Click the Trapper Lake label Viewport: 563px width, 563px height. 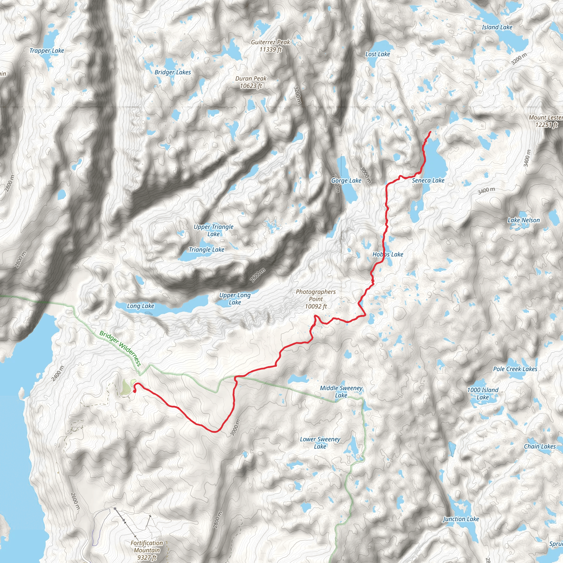[x=47, y=51]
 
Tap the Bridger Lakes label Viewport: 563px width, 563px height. [x=173, y=72]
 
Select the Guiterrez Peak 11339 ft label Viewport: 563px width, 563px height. [x=271, y=46]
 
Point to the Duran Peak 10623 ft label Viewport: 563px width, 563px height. [x=251, y=82]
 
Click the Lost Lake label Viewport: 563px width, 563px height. [x=377, y=54]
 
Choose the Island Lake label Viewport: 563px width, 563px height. [x=497, y=27]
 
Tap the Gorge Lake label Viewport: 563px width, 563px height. [x=346, y=181]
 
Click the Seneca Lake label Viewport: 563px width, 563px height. [x=428, y=180]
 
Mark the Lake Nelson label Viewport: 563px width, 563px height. [x=523, y=220]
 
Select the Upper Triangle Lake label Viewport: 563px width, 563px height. [x=214, y=230]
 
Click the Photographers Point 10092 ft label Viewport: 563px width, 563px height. [x=316, y=299]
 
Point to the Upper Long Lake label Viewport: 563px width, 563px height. [x=235, y=299]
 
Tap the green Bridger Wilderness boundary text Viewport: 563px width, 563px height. [x=120, y=348]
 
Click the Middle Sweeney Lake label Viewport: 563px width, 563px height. [x=341, y=392]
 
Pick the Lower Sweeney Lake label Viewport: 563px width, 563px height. [x=320, y=443]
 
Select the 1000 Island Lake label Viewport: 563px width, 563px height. [x=482, y=393]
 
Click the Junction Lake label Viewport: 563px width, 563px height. [x=461, y=519]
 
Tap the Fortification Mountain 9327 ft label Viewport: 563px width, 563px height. [x=147, y=550]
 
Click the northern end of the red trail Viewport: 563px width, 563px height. [x=430, y=132]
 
